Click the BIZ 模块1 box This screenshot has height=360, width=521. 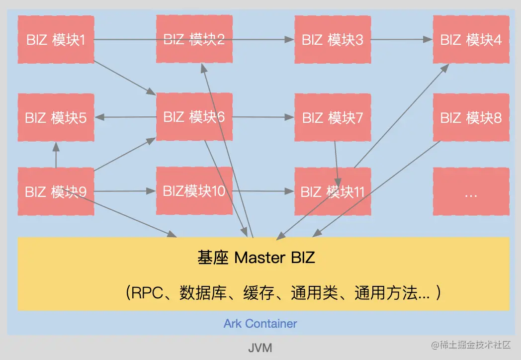(x=56, y=39)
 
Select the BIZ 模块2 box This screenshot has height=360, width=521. (x=194, y=39)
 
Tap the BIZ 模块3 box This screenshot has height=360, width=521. (x=333, y=39)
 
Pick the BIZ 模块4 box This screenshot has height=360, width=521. (x=471, y=39)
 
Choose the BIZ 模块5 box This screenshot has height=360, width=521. (x=56, y=117)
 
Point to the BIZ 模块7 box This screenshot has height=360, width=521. (x=333, y=117)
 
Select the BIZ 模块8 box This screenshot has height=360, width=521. (x=471, y=117)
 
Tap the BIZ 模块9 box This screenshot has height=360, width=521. (x=56, y=191)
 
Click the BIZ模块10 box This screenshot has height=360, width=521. (x=194, y=191)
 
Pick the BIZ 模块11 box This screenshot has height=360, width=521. (x=333, y=192)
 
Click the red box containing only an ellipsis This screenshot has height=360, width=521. (x=471, y=192)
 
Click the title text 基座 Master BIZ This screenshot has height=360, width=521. (x=257, y=258)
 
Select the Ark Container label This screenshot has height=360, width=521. (x=260, y=324)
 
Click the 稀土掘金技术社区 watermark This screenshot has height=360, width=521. (x=471, y=345)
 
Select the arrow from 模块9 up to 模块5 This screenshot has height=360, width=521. (x=56, y=155)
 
